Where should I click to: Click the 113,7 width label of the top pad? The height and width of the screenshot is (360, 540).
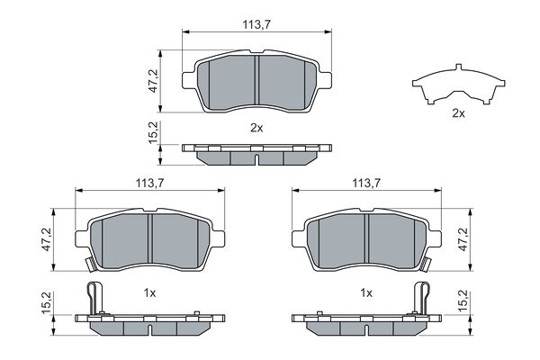[x=256, y=25]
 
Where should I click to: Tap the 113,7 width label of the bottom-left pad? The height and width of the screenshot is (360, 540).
[x=149, y=183]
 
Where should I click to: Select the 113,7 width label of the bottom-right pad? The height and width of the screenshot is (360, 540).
[x=366, y=183]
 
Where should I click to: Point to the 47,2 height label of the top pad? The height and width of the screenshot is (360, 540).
[x=153, y=81]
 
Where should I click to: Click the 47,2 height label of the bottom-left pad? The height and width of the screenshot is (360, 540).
[x=47, y=239]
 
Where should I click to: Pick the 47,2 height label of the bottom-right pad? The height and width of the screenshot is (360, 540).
[x=463, y=239]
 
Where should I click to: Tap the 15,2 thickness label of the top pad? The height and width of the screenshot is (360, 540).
[x=153, y=132]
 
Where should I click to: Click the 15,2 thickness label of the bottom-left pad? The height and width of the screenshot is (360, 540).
[x=47, y=302]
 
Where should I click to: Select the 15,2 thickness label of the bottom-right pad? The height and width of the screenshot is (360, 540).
[x=463, y=301]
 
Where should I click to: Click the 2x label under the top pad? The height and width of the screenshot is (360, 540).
[x=256, y=128]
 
